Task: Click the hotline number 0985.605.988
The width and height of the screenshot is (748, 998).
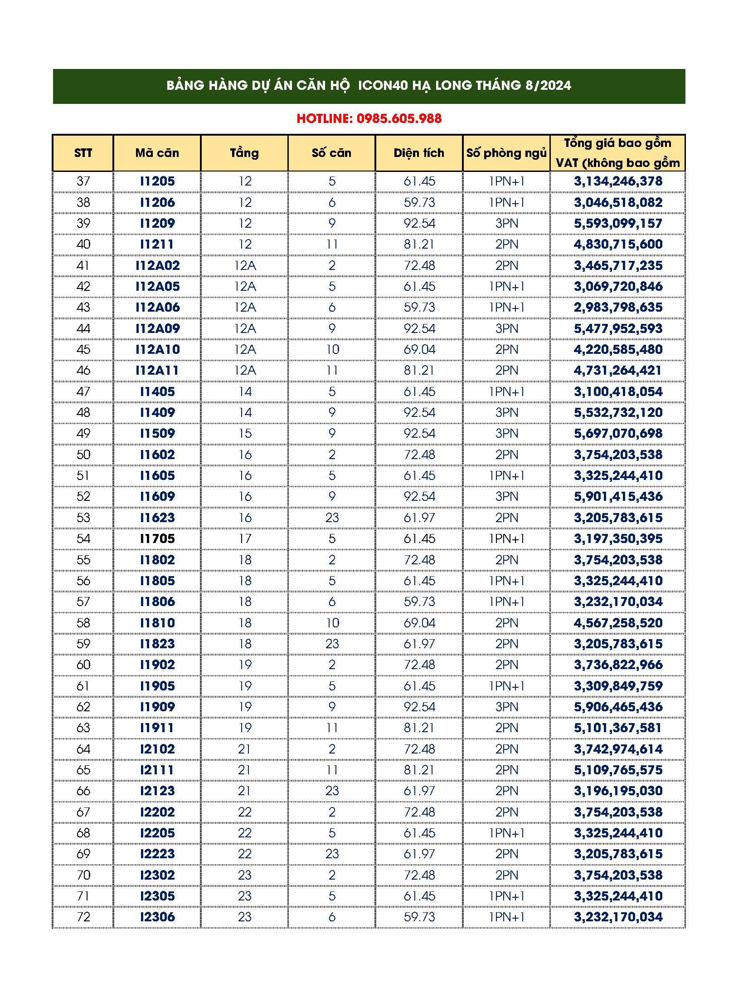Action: point(399,119)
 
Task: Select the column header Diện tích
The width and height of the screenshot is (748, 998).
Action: point(419,153)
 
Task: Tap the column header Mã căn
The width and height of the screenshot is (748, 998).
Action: point(157,153)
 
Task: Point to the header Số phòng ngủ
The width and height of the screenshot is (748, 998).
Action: point(506,153)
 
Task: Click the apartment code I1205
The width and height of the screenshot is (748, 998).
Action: point(157,181)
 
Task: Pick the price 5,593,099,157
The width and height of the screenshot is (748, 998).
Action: point(618,223)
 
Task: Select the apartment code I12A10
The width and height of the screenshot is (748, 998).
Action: point(157,350)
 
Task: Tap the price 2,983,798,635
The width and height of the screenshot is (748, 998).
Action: point(618,308)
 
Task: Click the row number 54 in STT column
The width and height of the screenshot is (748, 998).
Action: point(83,539)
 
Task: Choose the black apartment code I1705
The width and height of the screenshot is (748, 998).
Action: point(157,539)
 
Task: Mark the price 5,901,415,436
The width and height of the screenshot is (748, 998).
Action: point(618,497)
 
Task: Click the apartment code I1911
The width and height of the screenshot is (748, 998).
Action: point(157,728)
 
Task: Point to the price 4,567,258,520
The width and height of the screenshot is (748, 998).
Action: point(618,623)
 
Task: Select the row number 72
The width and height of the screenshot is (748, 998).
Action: point(83,917)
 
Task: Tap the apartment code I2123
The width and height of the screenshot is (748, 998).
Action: point(157,791)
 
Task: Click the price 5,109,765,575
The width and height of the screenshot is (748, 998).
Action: point(618,770)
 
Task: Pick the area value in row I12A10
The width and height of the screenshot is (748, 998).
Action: point(419,350)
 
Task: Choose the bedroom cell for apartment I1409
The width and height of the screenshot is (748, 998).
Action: point(506,413)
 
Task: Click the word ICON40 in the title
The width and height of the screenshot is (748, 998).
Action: point(383,86)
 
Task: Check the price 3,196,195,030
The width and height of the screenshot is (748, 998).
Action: point(618,791)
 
